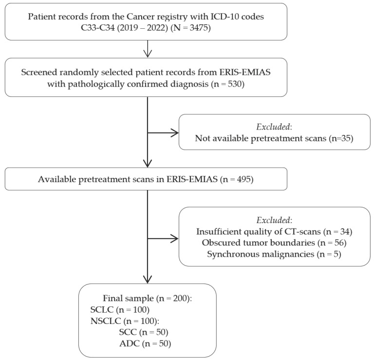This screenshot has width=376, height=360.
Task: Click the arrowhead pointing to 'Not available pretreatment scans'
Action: pyautogui.click(x=174, y=133)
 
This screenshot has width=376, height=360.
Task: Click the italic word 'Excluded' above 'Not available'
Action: pyautogui.click(x=273, y=127)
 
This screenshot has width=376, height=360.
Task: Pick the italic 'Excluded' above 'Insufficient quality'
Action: pyautogui.click(x=273, y=220)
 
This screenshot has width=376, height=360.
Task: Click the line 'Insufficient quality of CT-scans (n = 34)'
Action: pyautogui.click(x=274, y=231)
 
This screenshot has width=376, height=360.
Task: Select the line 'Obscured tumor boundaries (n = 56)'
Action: pyautogui.click(x=274, y=243)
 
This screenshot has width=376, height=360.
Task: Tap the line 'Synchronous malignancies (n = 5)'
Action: pyautogui.click(x=274, y=254)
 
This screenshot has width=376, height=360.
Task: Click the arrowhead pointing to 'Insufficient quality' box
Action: pyautogui.click(x=174, y=239)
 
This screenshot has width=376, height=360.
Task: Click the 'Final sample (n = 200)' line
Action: pyautogui.click(x=148, y=298)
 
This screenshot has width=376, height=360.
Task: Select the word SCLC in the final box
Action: pyautogui.click(x=102, y=310)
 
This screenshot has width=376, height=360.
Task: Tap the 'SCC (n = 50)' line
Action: pyautogui.click(x=144, y=332)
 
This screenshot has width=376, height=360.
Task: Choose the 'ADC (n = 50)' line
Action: pyautogui.click(x=145, y=344)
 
